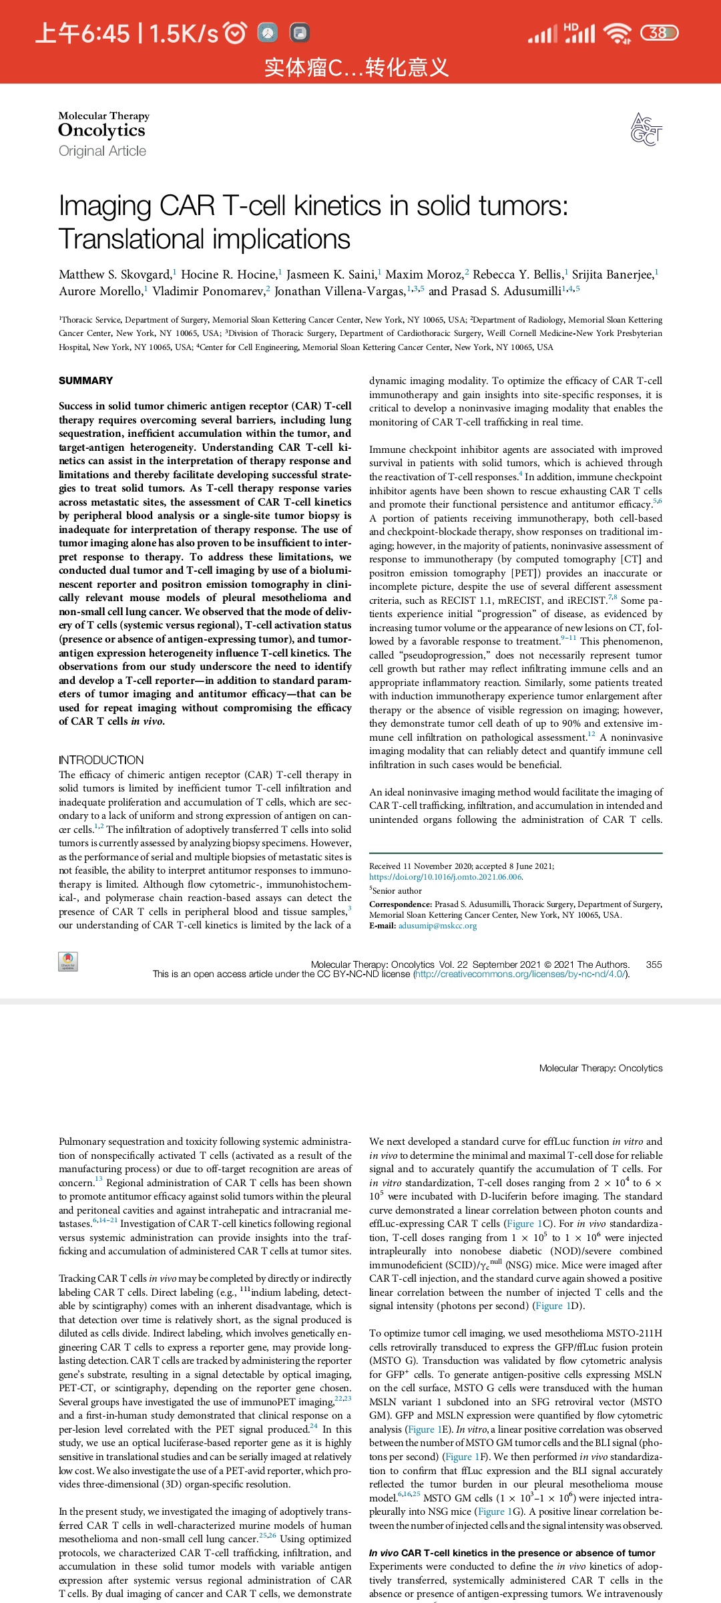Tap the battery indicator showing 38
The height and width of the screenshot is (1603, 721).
pos(659,33)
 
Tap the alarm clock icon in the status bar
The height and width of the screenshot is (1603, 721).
pos(235,33)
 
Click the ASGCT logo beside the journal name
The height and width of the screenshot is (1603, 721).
pos(646,129)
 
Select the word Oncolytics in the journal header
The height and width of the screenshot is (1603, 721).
pos(101,130)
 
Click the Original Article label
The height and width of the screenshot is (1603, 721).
pos(102,151)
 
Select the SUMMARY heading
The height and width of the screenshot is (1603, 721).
pos(85,381)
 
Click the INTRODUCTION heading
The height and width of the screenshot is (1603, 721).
pos(101,760)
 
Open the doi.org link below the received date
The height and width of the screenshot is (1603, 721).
pos(445,877)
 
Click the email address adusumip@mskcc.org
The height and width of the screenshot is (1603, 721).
pos(437,926)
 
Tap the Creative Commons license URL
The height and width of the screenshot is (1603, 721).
pos(521,974)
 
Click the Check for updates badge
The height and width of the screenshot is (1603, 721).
pos(68,962)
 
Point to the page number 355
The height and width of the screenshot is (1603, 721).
pos(654,964)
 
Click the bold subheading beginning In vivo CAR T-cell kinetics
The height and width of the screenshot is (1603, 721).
pos(512,1553)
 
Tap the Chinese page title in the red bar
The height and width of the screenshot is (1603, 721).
pos(356,67)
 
